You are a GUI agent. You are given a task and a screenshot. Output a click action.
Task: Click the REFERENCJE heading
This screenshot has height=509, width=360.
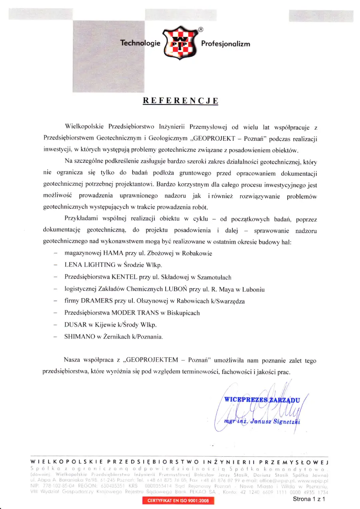[x=181, y=100]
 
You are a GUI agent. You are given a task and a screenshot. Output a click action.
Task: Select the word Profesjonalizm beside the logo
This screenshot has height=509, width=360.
[x=226, y=44]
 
